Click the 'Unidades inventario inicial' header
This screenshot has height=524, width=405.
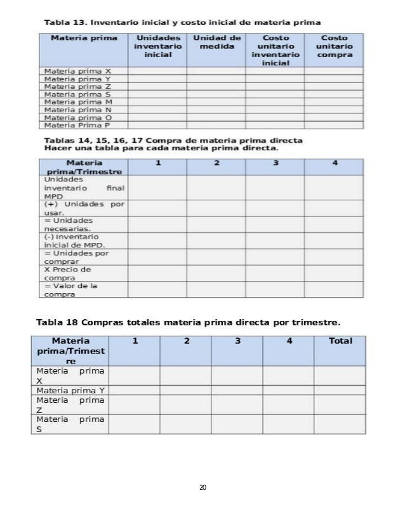(158, 46)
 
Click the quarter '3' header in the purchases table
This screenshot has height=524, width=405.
(276, 164)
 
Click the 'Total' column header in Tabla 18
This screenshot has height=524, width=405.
(340, 341)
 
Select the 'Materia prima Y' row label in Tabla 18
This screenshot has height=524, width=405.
(71, 390)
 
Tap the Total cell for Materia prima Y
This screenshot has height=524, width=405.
(340, 390)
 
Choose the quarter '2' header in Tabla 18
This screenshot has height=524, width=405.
(187, 341)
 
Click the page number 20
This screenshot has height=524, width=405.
(202, 487)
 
